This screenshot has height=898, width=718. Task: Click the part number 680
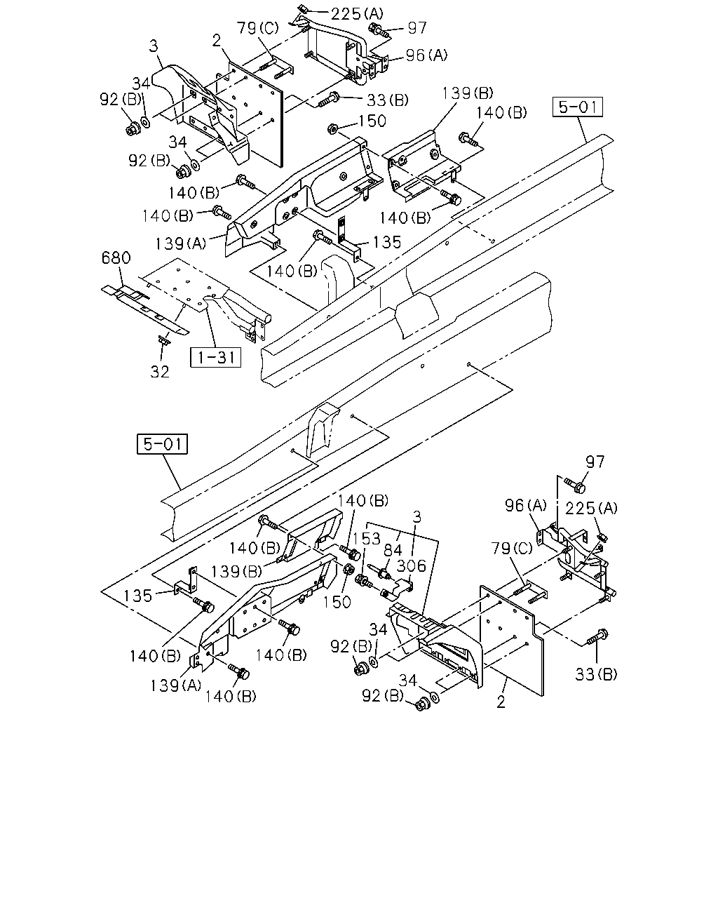coord(116,258)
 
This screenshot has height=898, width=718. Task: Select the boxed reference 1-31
coord(216,358)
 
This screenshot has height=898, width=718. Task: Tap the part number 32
coord(160,371)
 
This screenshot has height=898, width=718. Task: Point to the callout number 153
coord(367,539)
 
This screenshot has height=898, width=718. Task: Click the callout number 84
coord(393,550)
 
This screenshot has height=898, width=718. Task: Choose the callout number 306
coord(412,566)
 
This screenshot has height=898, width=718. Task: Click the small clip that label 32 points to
coord(163,340)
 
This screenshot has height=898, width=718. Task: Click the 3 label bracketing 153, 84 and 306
coord(416,518)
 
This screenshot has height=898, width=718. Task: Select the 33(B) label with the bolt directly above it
coord(596,674)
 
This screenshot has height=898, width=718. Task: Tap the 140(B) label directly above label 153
coord(363,500)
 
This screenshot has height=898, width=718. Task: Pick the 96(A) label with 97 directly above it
coord(526,505)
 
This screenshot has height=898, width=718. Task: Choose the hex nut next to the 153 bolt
coord(350,569)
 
